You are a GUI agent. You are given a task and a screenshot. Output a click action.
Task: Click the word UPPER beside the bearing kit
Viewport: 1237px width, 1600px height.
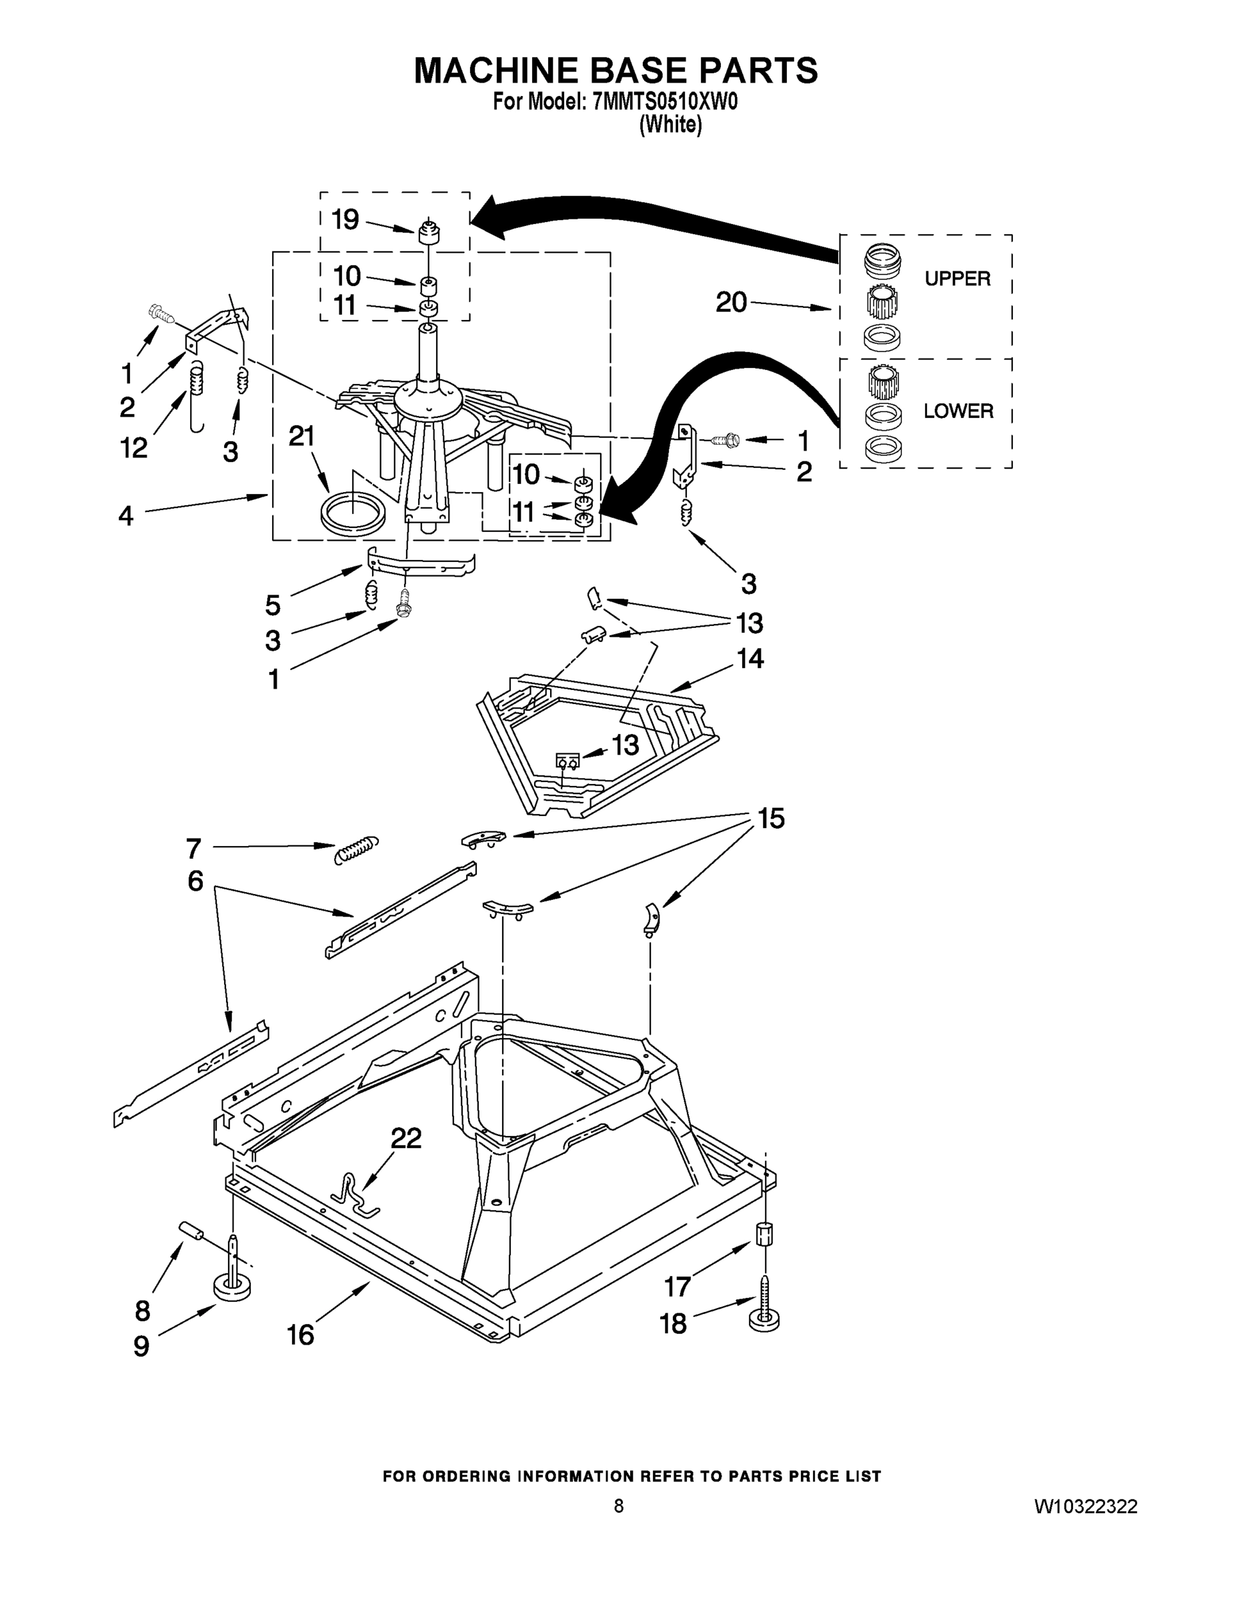tap(957, 279)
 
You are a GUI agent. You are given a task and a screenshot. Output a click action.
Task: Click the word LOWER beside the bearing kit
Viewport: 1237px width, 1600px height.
tap(958, 411)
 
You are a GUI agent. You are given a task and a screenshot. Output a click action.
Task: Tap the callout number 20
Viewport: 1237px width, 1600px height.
tap(731, 302)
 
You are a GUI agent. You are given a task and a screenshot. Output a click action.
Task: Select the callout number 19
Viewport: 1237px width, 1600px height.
tap(345, 219)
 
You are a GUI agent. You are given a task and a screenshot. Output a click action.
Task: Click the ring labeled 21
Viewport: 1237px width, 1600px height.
tap(353, 511)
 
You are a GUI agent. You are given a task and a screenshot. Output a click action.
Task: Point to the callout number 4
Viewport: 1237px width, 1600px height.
tap(126, 516)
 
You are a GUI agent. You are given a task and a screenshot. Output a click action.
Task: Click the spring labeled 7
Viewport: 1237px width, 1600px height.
tap(356, 849)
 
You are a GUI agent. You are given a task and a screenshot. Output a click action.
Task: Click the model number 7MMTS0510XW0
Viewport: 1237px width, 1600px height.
tap(665, 102)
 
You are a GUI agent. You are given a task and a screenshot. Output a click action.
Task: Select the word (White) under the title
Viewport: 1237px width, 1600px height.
tap(670, 125)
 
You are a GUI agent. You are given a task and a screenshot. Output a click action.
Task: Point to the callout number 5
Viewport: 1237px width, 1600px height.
tap(273, 605)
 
